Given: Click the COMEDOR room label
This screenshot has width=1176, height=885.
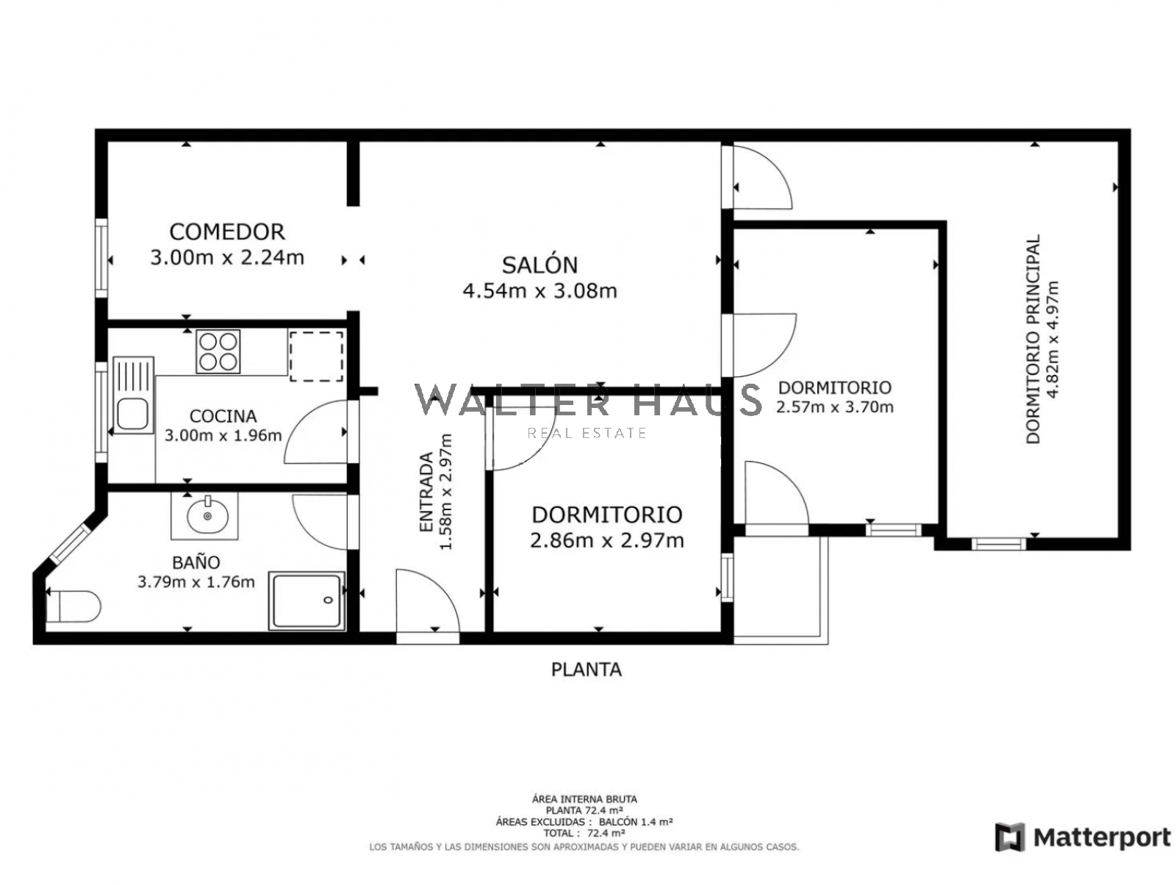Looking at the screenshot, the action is tap(226, 232).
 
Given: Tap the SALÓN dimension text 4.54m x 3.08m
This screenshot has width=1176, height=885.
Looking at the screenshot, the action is tap(539, 291).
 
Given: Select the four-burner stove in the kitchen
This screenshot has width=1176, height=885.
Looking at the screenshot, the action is tap(218, 351).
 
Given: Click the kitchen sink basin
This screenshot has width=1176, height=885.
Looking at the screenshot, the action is tap(132, 414).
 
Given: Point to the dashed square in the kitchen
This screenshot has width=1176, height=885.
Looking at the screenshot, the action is tap(315, 356).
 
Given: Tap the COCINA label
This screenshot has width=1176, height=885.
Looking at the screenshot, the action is tap(223, 416).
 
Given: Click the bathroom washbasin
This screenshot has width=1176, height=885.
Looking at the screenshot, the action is tap(207, 515).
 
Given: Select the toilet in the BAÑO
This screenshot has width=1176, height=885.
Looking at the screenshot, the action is tap(73, 606).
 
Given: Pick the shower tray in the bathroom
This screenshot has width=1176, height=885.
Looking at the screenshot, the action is tap(306, 600).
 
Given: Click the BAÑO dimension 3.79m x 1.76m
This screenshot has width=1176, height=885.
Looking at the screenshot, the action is tap(196, 581).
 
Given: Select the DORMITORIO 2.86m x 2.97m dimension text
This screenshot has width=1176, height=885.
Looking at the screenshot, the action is tap(606, 540).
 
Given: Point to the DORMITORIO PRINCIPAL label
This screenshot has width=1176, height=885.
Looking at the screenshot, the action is tap(1032, 339).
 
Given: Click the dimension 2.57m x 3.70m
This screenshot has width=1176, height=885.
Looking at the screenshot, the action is tap(834, 407).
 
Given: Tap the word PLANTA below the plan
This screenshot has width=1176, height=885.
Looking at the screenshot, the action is tap(586, 670).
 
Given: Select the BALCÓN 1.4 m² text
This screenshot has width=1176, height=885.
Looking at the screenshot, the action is tap(635, 822).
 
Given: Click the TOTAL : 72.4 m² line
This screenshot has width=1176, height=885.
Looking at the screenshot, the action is tap(584, 833).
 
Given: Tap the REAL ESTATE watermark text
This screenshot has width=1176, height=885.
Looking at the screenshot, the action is tap(587, 433).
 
